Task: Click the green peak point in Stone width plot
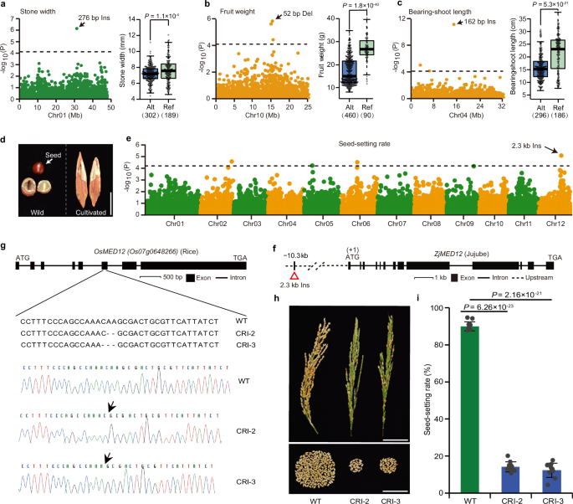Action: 77,28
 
